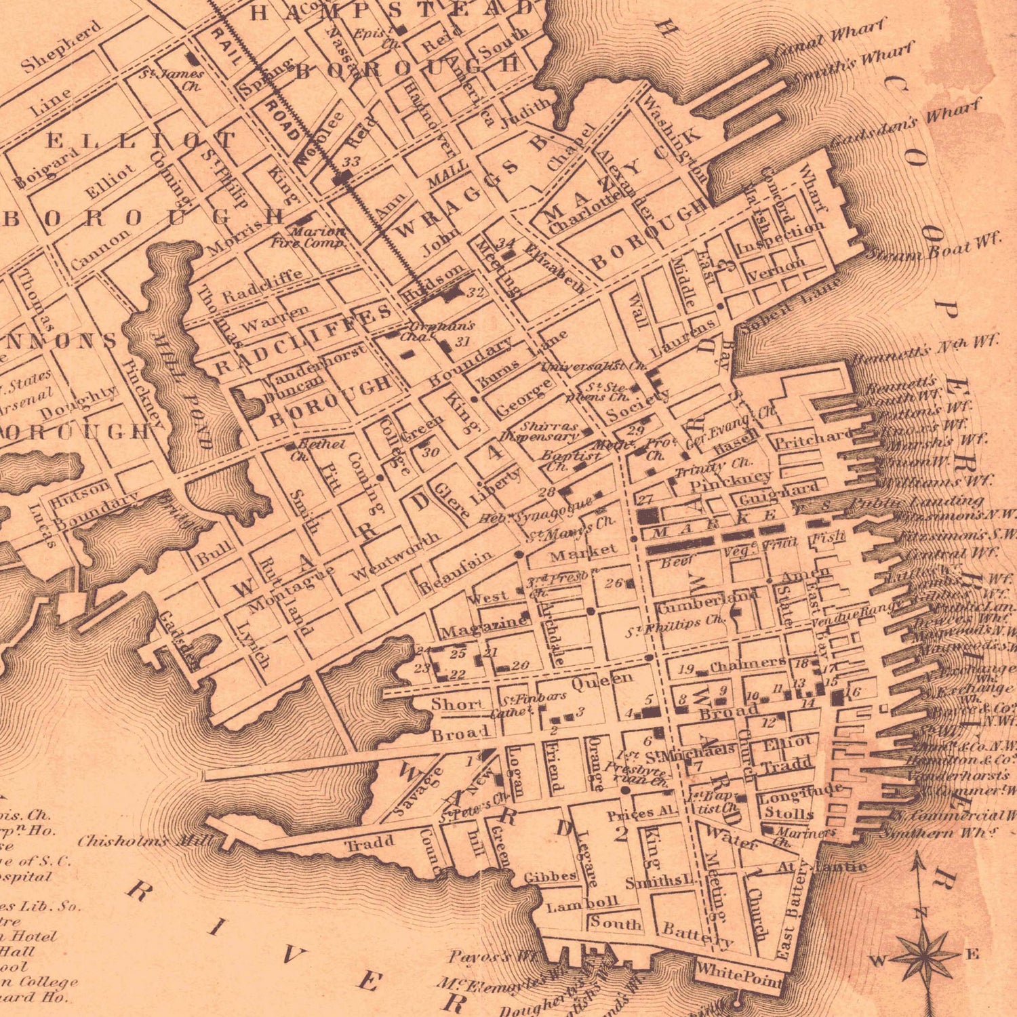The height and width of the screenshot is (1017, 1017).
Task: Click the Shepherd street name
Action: point(61,46)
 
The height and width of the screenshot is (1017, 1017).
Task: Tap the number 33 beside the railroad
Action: point(351,163)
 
